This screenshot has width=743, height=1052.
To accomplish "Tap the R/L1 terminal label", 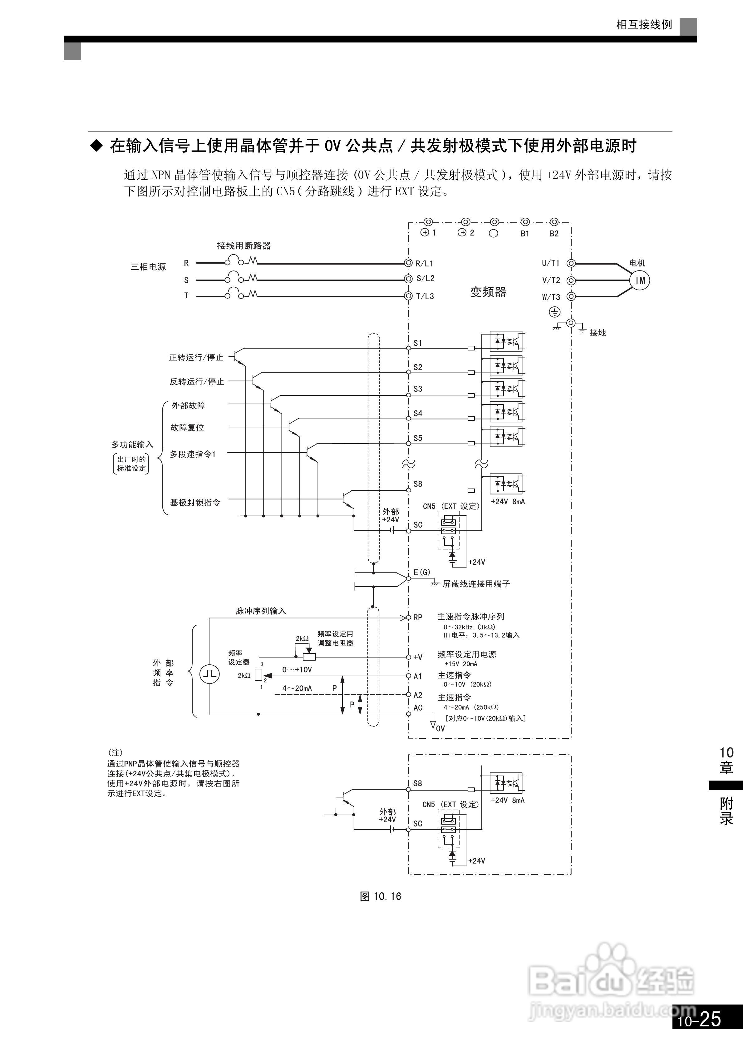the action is [424, 263].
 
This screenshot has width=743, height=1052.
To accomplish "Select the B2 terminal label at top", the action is [554, 234].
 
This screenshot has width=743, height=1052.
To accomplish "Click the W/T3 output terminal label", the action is [551, 297].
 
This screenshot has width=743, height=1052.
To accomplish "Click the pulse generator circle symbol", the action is [209, 674].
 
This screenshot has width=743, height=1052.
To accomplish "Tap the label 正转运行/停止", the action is [196, 357].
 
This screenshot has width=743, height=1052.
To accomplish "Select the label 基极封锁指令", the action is [195, 503].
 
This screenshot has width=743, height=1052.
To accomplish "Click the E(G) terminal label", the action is [422, 572].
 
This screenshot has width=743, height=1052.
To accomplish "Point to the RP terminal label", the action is [418, 617].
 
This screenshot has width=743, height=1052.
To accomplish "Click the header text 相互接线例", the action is [644, 25].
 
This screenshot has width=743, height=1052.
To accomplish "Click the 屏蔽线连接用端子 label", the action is [476, 584].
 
